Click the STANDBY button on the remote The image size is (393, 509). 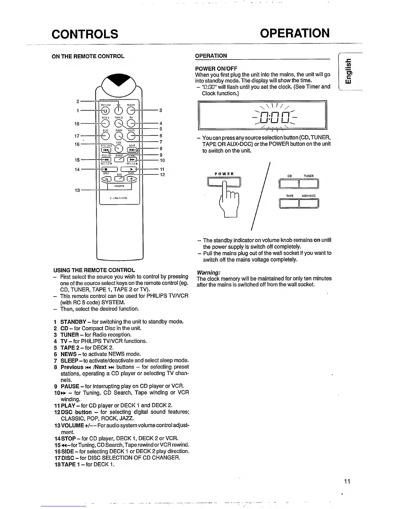click(105, 111)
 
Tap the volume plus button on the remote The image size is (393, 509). click(132, 179)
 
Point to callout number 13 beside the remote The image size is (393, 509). click(77, 190)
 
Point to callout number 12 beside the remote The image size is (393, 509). click(162, 174)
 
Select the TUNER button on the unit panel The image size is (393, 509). click(309, 184)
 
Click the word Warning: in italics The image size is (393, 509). click(208, 272)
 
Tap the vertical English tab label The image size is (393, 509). click(348, 71)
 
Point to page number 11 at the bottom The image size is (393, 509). click(347, 481)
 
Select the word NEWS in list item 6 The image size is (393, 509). click(68, 354)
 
